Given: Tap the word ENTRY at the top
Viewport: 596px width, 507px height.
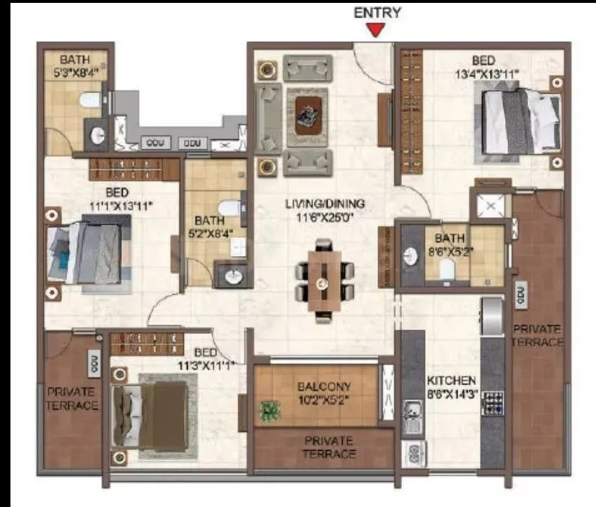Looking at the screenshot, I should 377,12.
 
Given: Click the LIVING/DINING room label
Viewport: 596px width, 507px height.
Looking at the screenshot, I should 324,203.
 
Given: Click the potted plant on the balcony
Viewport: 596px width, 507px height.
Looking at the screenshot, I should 270,411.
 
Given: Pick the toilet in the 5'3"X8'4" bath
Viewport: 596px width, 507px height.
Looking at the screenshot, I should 89,100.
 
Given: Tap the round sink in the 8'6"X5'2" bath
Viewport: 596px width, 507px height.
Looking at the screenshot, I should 411,256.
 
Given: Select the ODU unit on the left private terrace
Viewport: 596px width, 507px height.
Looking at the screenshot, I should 94,363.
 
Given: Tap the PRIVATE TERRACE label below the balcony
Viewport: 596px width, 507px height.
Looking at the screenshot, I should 329,446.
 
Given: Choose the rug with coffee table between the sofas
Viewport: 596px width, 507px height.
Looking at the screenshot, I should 307,113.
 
